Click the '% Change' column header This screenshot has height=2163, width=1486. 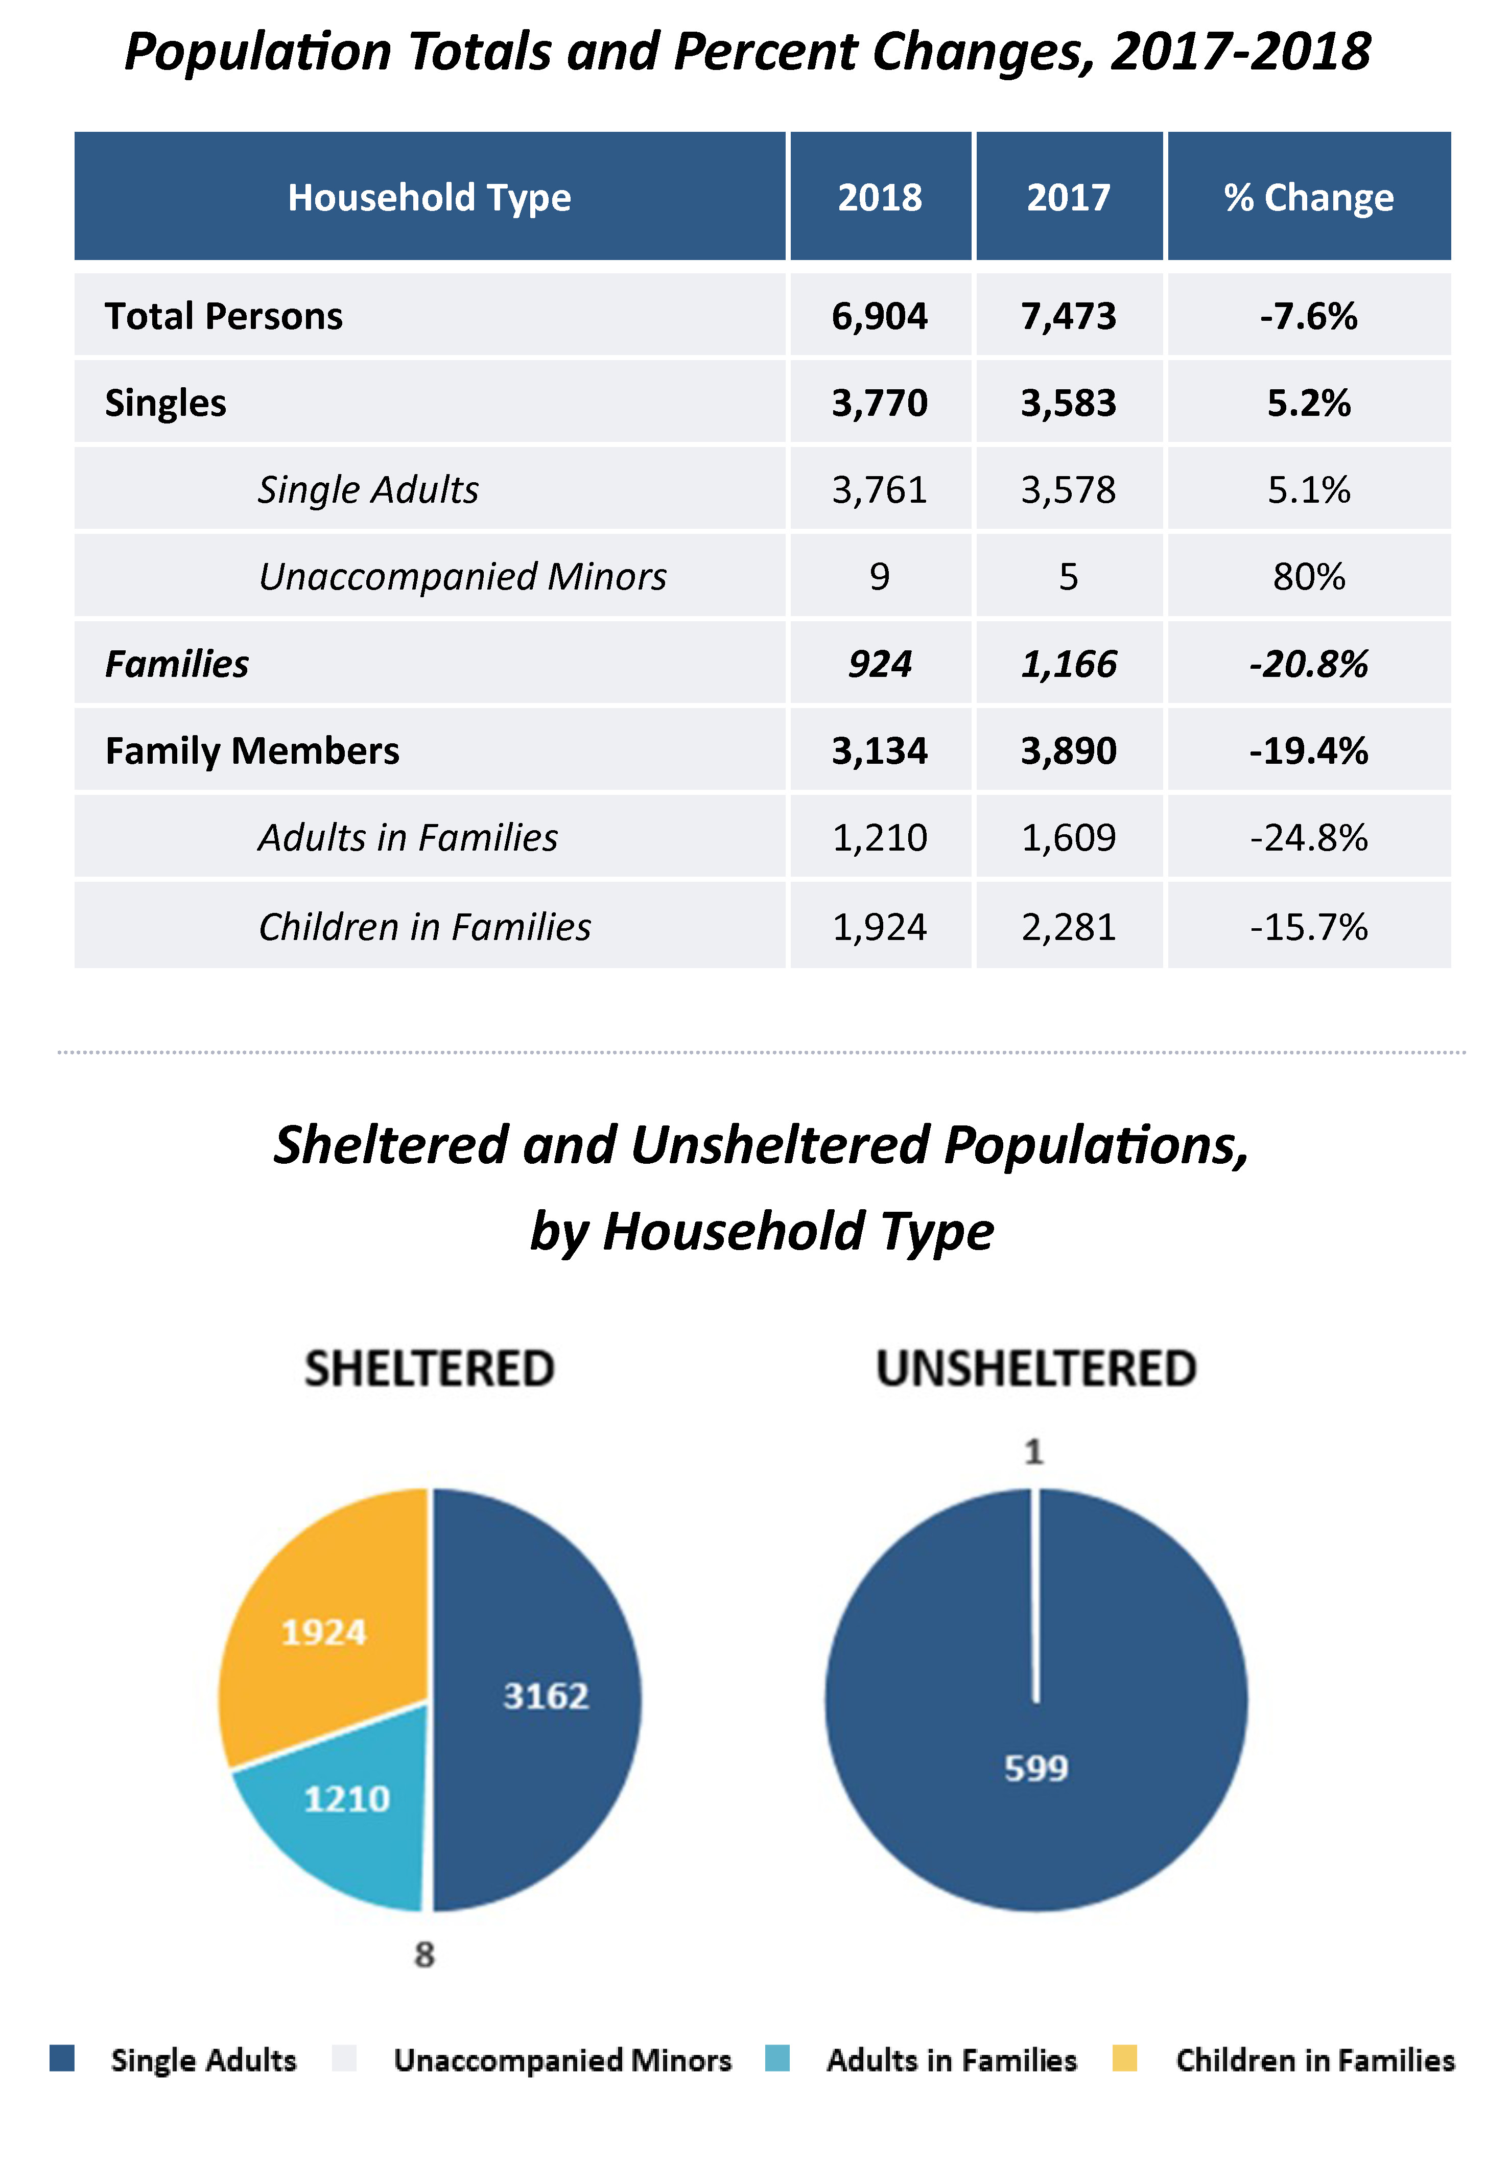[x=1308, y=197]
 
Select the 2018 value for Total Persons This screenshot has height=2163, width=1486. [x=879, y=317]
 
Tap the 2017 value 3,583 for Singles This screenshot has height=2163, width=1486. [x=1068, y=403]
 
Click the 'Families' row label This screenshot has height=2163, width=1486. [x=177, y=664]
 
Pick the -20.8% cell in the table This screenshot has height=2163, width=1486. [x=1308, y=664]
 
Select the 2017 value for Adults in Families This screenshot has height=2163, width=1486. [x=1068, y=838]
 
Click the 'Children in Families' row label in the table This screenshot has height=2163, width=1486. [x=424, y=927]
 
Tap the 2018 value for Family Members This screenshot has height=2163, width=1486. [x=879, y=750]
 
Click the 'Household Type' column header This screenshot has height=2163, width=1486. [x=429, y=197]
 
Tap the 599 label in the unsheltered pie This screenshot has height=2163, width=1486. [x=1035, y=1768]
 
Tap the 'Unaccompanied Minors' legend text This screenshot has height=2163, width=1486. [x=562, y=2060]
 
